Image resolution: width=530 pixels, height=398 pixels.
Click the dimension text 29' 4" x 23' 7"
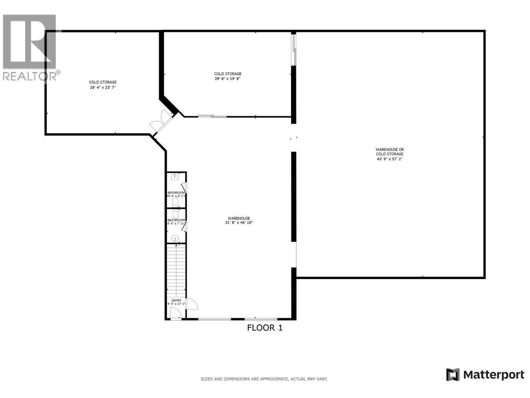[103, 88]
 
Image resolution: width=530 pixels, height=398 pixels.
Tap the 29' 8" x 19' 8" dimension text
[228, 79]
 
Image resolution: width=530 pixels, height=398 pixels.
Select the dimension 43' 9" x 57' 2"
[390, 159]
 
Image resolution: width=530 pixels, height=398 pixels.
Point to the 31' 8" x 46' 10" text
[239, 223]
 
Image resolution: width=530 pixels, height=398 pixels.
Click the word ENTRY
[176, 300]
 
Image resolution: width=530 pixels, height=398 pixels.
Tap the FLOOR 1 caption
[265, 328]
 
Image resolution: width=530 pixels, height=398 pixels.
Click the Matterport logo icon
[452, 375]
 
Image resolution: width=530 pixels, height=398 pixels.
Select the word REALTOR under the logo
[29, 76]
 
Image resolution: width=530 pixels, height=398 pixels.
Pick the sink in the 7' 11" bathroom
[175, 238]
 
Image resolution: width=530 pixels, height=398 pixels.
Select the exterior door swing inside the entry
[175, 313]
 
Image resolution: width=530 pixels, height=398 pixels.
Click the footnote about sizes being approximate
[264, 379]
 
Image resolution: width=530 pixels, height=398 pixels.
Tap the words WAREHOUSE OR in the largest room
[390, 150]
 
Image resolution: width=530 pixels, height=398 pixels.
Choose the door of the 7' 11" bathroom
[184, 226]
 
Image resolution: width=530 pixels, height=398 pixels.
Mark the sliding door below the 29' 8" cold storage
[212, 116]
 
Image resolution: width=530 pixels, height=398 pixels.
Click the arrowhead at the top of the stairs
[176, 245]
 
